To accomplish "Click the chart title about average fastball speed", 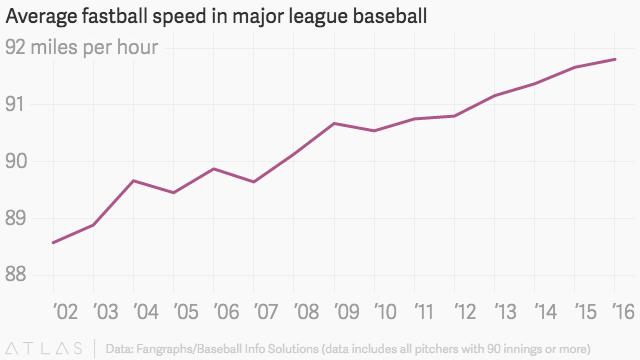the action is (216, 17).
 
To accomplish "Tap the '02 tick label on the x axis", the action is (65, 312).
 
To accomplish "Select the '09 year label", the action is (347, 312).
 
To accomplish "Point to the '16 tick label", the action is (623, 312).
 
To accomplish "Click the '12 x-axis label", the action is (465, 312).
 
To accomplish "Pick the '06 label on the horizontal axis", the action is (226, 312).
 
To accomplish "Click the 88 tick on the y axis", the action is (16, 275).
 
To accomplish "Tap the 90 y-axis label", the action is (16, 162).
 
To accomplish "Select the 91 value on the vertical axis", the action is (15, 104).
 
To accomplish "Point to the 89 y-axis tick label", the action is (16, 218).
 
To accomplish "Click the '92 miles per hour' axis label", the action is (82, 48).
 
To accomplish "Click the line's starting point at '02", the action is (53, 243).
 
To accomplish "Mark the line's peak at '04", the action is (133, 180).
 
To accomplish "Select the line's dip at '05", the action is (173, 193).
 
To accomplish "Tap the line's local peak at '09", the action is (334, 123).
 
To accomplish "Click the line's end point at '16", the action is (615, 59).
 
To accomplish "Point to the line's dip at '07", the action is (254, 182).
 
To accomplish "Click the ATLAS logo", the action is (44, 349).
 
